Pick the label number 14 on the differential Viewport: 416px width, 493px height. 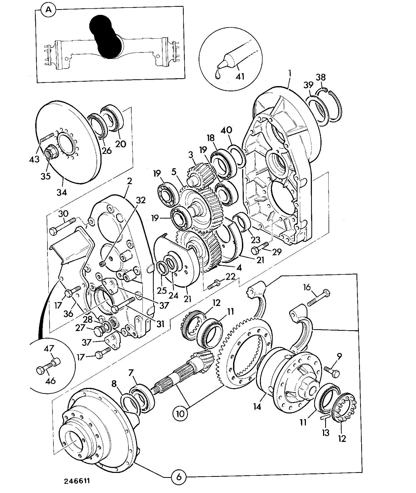257,406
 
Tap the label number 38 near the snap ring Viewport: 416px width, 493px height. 321,77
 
